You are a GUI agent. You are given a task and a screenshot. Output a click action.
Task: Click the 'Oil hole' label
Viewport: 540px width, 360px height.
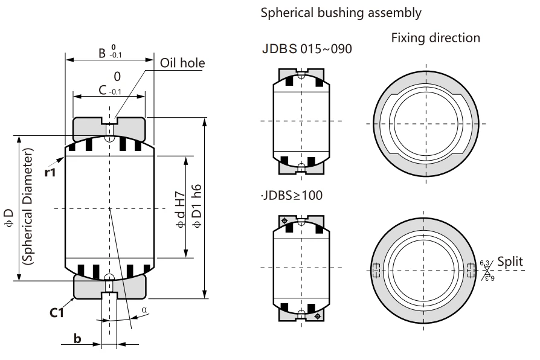pos(182,63)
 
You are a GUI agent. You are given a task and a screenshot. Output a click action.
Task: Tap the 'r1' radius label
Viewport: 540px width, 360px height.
pos(50,172)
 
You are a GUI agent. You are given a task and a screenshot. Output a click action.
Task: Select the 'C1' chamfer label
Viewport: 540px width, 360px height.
pos(57,312)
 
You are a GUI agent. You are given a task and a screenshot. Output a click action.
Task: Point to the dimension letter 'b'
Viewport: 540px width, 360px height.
pos(77,339)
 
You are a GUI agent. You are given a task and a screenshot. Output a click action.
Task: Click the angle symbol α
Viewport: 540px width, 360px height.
pos(144,310)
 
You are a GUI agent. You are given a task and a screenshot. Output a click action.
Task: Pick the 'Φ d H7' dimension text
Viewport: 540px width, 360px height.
pos(181,210)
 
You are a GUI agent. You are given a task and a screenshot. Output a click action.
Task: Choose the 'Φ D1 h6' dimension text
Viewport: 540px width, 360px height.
pos(197,206)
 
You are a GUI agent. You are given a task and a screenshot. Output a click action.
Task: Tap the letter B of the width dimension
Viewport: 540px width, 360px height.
pos(102,53)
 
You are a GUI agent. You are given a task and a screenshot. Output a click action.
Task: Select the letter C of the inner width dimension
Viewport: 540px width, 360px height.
pos(103,90)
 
